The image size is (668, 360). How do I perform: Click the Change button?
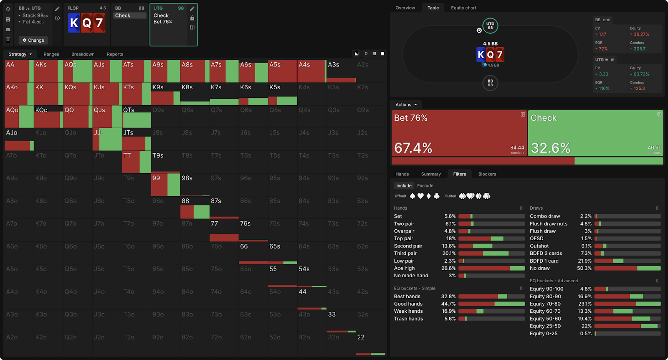(33, 40)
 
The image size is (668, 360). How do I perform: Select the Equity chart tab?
(463, 8)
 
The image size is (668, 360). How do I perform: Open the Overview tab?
(405, 8)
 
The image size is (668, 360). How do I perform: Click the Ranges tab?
(51, 54)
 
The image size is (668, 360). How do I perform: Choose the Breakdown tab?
(83, 54)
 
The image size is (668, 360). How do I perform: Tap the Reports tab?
(115, 54)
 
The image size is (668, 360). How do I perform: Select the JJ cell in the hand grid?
(107, 139)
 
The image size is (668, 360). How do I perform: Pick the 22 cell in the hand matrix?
(370, 344)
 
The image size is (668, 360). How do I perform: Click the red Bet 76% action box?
(459, 133)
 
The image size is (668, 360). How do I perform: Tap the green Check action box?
(595, 133)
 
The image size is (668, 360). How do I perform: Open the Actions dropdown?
(406, 105)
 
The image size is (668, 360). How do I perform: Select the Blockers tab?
(487, 174)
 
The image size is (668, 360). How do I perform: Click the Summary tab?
(431, 174)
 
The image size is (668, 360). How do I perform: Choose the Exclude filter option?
(425, 186)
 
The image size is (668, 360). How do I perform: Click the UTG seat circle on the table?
(490, 26)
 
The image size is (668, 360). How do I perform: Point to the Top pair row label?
(403, 238)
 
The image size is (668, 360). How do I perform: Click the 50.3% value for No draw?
(584, 269)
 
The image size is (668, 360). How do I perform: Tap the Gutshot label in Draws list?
(539, 246)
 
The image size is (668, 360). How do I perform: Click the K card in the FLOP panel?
(74, 23)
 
